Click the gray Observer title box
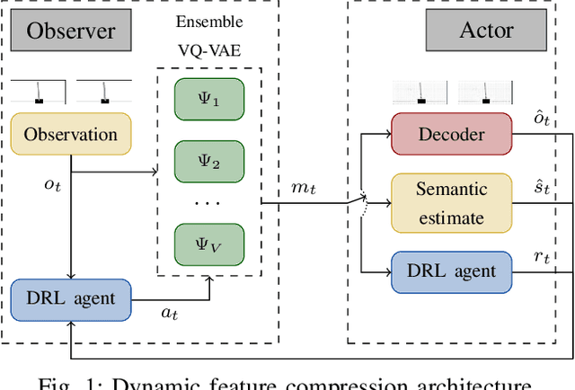71,31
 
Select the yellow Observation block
71,135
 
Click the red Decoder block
452,135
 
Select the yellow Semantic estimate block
452,203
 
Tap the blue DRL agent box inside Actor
452,270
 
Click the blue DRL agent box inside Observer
71,296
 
